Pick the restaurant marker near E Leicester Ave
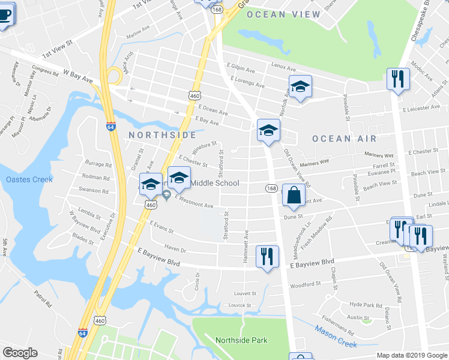398,79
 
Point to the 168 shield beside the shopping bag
271,188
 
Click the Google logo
20,353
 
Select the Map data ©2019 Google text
412,355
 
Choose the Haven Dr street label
175,249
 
